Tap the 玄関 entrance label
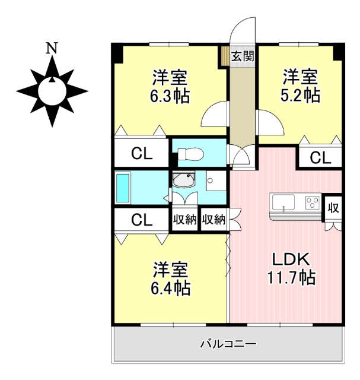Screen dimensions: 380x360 click(243, 57)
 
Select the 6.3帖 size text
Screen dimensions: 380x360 click(170, 96)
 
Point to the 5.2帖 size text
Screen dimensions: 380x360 click(300, 94)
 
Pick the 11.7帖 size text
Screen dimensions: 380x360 click(291, 277)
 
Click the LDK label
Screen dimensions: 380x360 click(291, 259)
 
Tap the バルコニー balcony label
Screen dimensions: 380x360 click(228, 344)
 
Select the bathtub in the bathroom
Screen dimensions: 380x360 click(123, 188)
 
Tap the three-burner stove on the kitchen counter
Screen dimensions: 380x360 click(312, 203)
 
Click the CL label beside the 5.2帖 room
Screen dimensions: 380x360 click(320, 157)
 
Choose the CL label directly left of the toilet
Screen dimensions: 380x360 click(142, 154)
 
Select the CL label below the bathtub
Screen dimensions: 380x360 click(142, 220)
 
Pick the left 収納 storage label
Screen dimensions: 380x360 click(184, 220)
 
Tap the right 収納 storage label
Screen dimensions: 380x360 click(214, 220)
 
